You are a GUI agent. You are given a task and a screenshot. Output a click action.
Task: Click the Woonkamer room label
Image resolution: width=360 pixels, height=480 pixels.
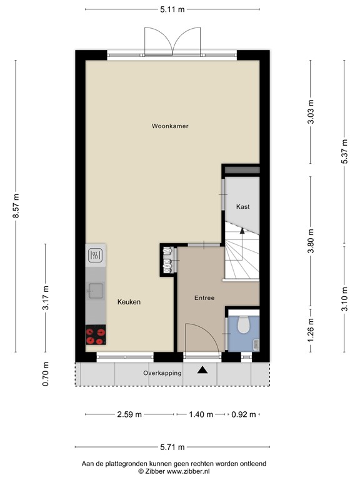pyautogui.click(x=170, y=126)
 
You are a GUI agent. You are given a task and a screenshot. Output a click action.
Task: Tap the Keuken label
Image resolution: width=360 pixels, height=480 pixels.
pyautogui.click(x=129, y=302)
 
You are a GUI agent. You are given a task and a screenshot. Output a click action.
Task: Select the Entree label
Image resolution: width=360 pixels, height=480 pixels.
pyautogui.click(x=204, y=298)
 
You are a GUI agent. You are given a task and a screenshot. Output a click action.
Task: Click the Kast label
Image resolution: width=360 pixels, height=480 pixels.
pyautogui.click(x=242, y=206)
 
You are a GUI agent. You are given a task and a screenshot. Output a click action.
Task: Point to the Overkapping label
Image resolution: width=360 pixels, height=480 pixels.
pyautogui.click(x=162, y=373)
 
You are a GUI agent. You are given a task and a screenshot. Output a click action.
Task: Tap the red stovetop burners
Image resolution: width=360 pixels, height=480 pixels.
pyautogui.click(x=96, y=336)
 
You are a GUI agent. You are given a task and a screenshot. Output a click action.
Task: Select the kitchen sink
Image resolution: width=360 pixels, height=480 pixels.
pyautogui.click(x=96, y=290)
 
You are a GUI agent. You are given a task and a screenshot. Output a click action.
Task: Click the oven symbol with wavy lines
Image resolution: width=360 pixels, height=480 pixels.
pyautogui.click(x=96, y=255)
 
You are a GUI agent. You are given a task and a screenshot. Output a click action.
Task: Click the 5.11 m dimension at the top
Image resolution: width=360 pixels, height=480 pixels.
pyautogui.click(x=172, y=10)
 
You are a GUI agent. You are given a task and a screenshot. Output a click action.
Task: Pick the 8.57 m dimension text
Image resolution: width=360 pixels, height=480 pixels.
pyautogui.click(x=16, y=206)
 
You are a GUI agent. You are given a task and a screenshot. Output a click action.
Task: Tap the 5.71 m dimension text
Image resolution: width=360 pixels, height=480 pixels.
pyautogui.click(x=172, y=447)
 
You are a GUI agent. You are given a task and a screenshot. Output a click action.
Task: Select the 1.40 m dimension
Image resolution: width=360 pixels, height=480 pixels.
pyautogui.click(x=201, y=414)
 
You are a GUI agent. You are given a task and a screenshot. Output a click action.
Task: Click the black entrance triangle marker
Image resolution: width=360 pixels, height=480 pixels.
pyautogui.click(x=202, y=371)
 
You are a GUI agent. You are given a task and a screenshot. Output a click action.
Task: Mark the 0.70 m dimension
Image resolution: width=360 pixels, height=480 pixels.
pyautogui.click(x=45, y=374)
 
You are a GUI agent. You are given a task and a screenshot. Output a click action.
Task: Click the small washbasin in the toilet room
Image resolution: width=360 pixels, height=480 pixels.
pyautogui.click(x=256, y=343)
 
